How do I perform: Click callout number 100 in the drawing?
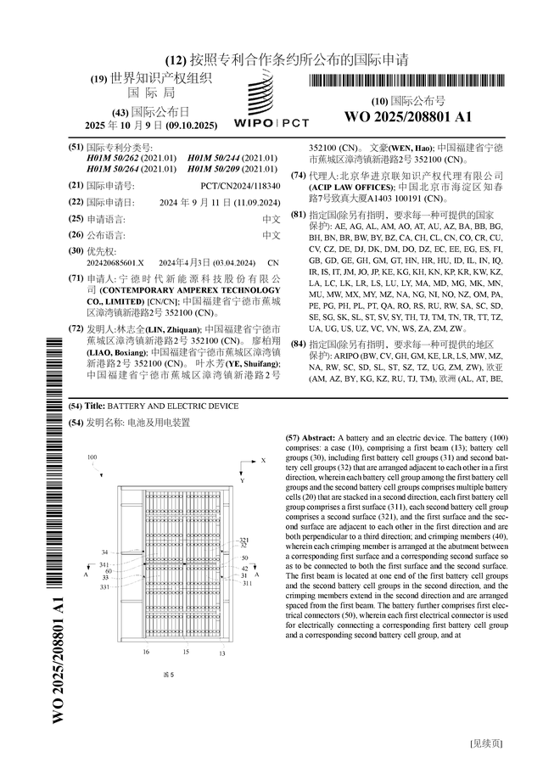(92, 457)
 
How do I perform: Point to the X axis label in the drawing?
(264, 460)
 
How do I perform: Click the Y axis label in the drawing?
(241, 480)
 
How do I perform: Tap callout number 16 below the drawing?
(146, 653)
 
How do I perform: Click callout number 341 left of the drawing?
(104, 563)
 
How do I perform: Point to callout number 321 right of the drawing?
(244, 540)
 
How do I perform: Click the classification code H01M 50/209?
(232, 169)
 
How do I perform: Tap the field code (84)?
(297, 344)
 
